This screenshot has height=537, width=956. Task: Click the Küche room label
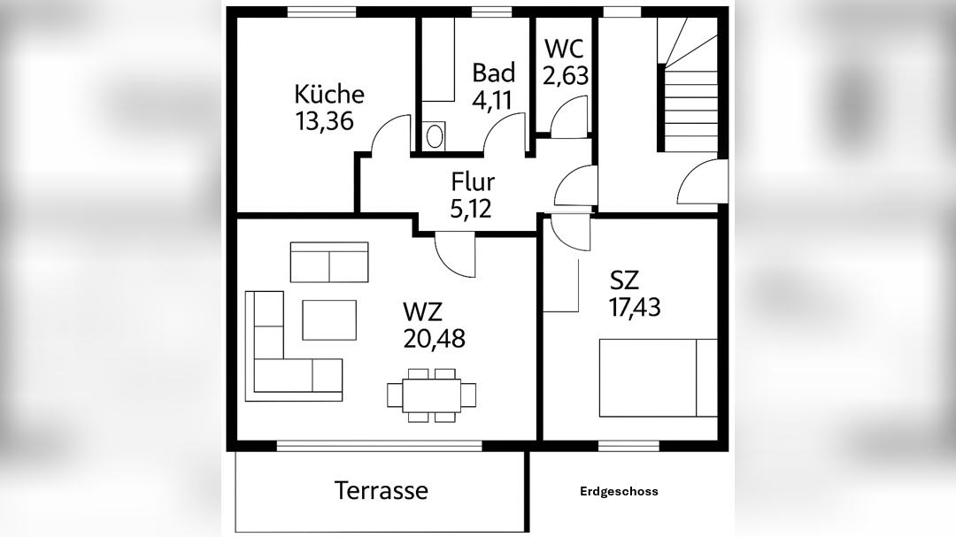coord(329,94)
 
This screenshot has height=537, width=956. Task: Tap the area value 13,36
coord(325,120)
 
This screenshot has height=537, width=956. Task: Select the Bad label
coord(493,73)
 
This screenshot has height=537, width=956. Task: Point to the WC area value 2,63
coord(566,76)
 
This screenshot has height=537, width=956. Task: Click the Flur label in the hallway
coord(473,182)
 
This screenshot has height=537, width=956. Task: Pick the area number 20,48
coord(434,338)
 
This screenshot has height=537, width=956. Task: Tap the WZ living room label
coord(422,311)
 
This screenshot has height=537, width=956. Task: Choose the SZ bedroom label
coord(624,280)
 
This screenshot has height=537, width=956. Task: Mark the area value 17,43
coord(635,307)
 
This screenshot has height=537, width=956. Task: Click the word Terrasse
coord(382,490)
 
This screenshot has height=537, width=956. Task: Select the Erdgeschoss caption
coord(619,492)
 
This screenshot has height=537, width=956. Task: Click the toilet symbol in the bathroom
coord(434,136)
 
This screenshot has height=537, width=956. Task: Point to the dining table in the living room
coord(432,394)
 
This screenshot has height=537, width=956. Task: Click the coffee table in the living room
coord(329,319)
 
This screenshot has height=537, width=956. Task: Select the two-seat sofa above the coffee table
coord(329,262)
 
